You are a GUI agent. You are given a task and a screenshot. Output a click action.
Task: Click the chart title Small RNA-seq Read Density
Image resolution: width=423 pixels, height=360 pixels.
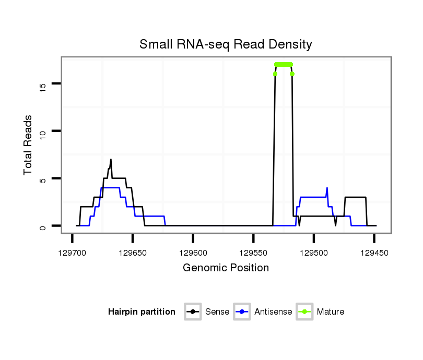(x=226, y=44)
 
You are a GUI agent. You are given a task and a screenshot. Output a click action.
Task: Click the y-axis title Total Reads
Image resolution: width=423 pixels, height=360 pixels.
(x=29, y=145)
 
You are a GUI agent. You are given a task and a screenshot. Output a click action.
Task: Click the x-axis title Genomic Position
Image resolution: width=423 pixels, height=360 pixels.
(x=226, y=268)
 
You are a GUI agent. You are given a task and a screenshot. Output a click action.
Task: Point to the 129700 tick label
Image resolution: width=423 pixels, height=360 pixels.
(x=72, y=253)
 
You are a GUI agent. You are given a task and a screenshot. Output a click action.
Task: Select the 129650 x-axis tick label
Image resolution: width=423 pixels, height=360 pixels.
(x=133, y=253)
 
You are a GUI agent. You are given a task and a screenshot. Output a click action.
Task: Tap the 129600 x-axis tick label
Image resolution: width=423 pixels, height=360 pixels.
(x=193, y=253)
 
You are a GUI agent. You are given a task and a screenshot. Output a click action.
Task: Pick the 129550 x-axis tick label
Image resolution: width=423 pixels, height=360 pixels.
(x=253, y=253)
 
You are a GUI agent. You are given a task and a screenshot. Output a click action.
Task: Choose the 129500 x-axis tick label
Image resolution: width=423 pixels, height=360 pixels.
(x=313, y=253)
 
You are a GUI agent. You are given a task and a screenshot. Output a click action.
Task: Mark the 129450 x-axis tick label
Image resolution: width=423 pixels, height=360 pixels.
(x=374, y=253)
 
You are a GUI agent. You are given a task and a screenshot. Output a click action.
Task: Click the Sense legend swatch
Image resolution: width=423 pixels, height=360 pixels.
(x=193, y=312)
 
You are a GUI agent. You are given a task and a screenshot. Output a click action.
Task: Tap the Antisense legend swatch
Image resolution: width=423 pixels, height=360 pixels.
(x=242, y=312)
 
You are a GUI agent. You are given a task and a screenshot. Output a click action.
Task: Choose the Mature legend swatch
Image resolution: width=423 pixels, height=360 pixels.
(x=304, y=312)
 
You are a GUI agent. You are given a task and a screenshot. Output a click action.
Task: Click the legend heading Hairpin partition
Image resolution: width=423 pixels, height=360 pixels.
(x=142, y=312)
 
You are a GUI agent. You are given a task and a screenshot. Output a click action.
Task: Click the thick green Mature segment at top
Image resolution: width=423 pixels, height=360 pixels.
(x=284, y=64)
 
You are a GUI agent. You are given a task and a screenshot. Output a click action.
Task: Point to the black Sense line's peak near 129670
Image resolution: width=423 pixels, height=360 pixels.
(x=111, y=160)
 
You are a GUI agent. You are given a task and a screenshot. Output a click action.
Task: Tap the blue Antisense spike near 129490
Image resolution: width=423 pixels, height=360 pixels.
(x=327, y=188)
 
